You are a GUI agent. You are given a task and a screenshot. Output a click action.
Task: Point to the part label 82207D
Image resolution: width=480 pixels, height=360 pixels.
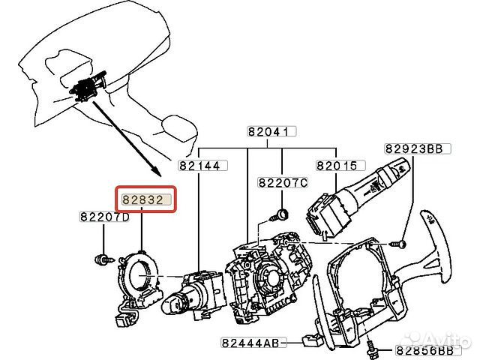pyautogui.click(x=104, y=217)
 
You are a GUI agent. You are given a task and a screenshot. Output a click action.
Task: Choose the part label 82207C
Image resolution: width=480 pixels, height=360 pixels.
pyautogui.click(x=283, y=183)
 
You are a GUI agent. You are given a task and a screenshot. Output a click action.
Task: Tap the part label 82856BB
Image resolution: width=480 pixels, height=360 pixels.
pyautogui.click(x=428, y=350)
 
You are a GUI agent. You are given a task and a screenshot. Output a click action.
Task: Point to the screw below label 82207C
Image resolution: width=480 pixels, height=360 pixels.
pyautogui.click(x=280, y=215)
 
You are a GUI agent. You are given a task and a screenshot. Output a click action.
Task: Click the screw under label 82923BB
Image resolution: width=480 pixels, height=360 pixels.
pyautogui.click(x=398, y=244)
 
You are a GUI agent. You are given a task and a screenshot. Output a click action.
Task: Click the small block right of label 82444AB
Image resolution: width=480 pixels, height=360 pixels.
pyautogui.click(x=312, y=341)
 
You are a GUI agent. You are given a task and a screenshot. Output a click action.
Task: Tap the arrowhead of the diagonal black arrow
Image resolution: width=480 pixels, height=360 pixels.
pyautogui.click(x=156, y=172)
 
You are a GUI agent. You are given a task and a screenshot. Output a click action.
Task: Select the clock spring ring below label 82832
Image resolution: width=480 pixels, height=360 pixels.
pyautogui.click(x=138, y=281)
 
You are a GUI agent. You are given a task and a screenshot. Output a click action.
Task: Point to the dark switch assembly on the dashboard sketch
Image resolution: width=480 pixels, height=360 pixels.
pyautogui.click(x=88, y=86)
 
